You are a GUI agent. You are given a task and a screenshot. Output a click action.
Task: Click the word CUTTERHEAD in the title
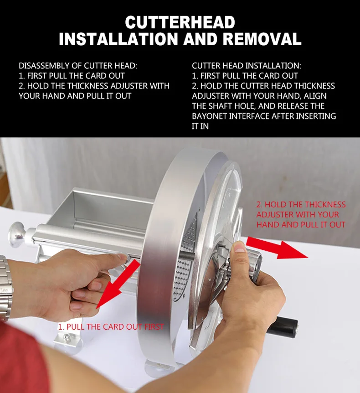180,22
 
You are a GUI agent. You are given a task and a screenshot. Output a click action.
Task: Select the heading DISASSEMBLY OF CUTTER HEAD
78,66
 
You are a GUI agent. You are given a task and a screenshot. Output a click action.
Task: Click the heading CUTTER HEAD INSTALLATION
247,66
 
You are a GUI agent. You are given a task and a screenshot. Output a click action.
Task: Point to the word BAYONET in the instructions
210,116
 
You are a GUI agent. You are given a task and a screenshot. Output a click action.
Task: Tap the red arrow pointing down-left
117,284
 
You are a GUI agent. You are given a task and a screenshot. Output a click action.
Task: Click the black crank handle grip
283,326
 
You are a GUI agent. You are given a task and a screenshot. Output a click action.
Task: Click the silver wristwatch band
5,288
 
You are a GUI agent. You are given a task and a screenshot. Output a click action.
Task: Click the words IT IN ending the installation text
200,126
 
